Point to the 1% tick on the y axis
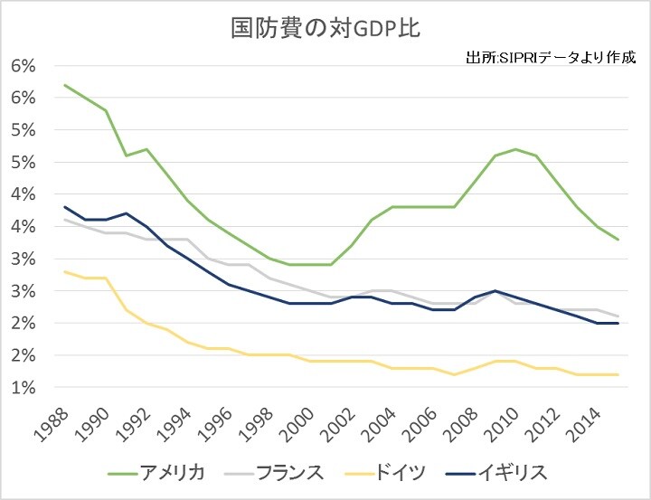coord(24,388)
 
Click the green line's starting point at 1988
coord(65,85)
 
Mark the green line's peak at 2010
coord(515,149)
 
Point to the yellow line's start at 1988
coord(65,271)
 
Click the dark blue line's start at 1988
coord(65,207)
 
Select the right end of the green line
coord(618,240)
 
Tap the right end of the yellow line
coord(618,374)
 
